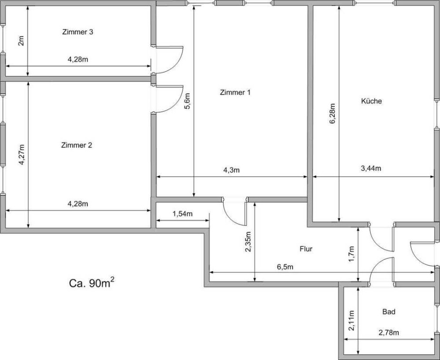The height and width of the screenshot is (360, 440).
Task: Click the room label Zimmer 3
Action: coord(78,32)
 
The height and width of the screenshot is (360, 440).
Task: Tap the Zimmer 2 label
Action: coord(77,146)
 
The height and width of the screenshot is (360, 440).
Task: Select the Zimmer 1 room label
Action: coord(235,92)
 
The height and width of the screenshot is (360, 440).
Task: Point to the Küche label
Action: coord(372,101)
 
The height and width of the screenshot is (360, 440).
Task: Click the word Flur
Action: coord(306,249)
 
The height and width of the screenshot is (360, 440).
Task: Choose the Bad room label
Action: coord(389,312)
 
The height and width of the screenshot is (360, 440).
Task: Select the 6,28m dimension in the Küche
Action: coord(332,114)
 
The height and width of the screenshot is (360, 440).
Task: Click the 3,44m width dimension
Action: coord(371,168)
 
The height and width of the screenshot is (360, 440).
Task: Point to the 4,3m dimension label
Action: coord(231,170)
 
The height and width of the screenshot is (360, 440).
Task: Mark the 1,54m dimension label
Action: coord(182,214)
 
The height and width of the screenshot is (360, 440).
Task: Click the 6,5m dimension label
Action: coord(285,267)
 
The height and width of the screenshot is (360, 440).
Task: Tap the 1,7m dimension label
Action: coord(352,254)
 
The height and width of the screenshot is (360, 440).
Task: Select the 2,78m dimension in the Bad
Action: coord(389,333)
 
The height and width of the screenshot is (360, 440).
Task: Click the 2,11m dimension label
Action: coord(352,321)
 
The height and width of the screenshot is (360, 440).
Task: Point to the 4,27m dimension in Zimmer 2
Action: coord(21,155)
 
